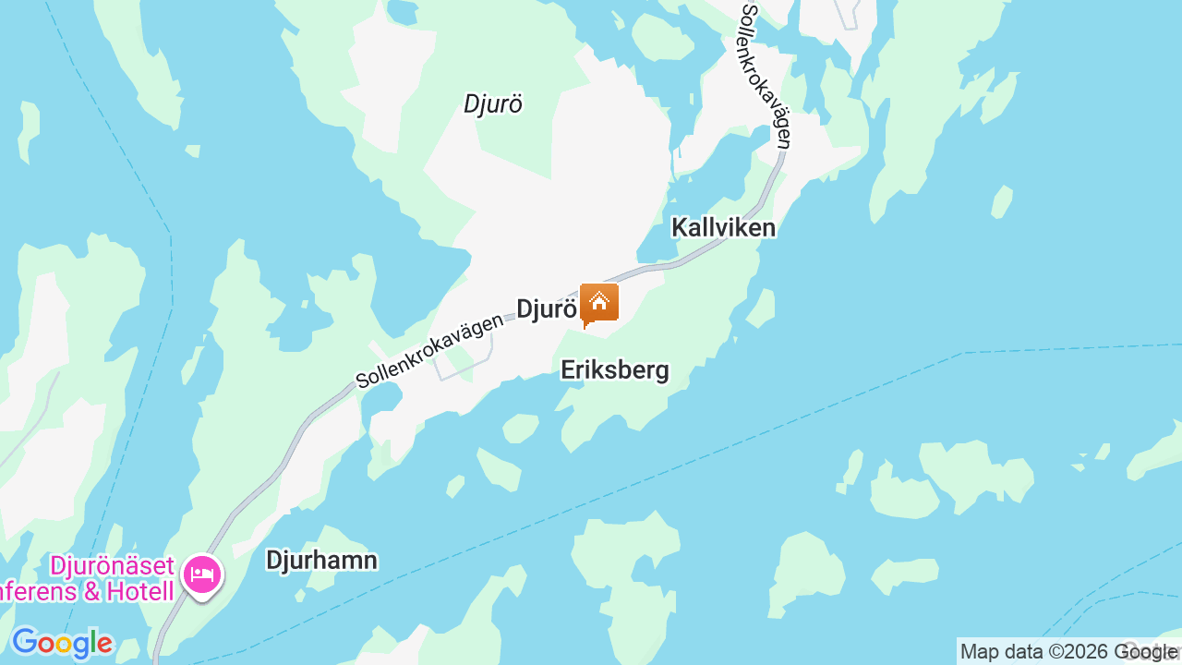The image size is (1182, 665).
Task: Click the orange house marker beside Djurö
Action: pyautogui.click(x=599, y=304)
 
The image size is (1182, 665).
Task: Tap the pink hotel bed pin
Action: pyautogui.click(x=201, y=575)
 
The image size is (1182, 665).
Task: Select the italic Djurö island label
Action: pyautogui.click(x=493, y=104)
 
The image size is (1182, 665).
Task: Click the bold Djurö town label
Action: pyautogui.click(x=546, y=309)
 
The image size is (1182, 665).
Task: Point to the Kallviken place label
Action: pyautogui.click(x=723, y=227)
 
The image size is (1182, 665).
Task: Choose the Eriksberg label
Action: pyautogui.click(x=615, y=370)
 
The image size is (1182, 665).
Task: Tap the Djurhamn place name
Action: pyautogui.click(x=321, y=560)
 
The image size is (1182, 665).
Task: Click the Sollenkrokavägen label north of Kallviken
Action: pyautogui.click(x=766, y=74)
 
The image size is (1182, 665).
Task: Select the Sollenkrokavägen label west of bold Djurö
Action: pyautogui.click(x=430, y=350)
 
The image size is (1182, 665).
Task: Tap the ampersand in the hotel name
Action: pyautogui.click(x=92, y=591)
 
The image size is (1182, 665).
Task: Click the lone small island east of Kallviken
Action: pyautogui.click(x=1002, y=201)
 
